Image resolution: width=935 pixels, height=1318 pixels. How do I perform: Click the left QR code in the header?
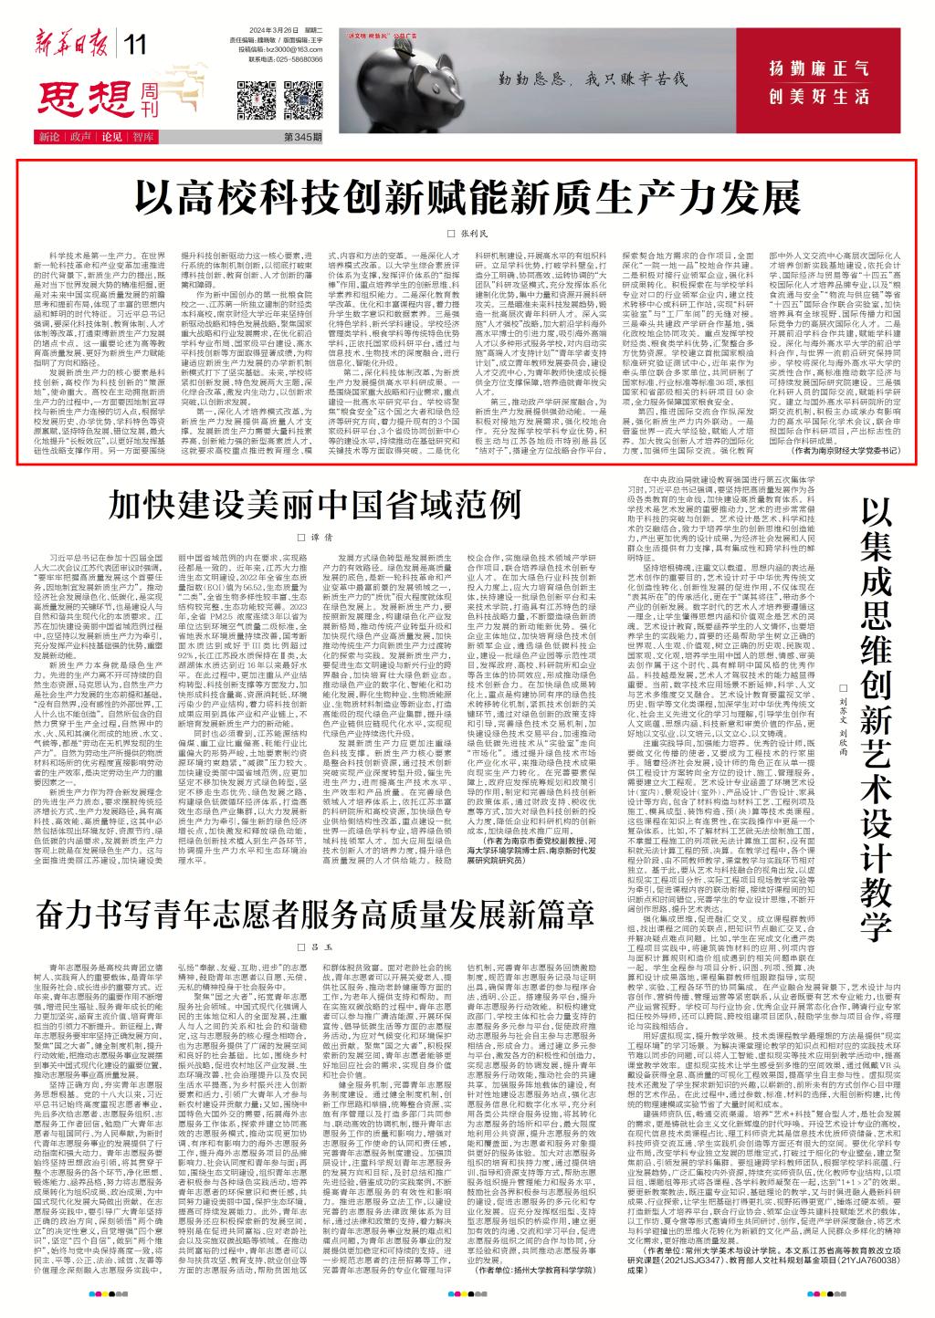(255, 96)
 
